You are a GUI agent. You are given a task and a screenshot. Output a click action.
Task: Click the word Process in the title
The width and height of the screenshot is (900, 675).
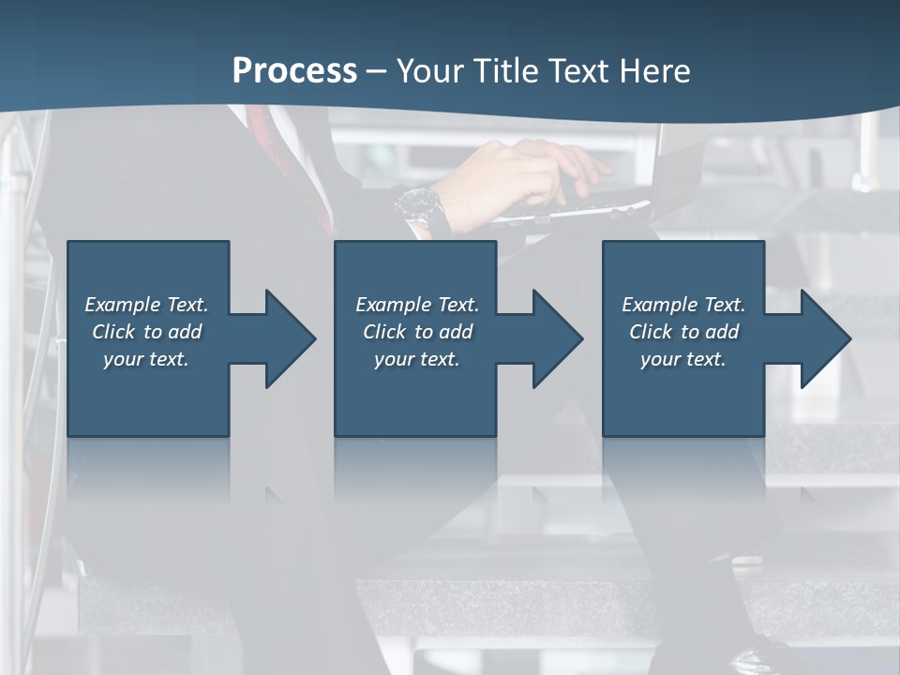click(x=294, y=70)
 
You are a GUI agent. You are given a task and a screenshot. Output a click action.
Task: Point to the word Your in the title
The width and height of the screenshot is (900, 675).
click(x=430, y=70)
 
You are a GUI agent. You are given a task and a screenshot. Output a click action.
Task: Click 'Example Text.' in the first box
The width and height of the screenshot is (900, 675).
click(x=146, y=305)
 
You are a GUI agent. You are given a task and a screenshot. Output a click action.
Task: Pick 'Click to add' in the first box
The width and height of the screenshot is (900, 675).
click(x=146, y=332)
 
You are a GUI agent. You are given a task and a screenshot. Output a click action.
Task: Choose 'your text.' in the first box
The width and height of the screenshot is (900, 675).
click(x=146, y=359)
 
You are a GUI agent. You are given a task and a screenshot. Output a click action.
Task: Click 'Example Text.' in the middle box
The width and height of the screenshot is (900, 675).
click(x=417, y=305)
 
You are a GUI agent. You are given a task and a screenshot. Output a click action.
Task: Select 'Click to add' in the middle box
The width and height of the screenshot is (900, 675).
click(x=417, y=332)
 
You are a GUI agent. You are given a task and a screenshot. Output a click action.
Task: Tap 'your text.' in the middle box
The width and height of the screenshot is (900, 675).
click(x=417, y=359)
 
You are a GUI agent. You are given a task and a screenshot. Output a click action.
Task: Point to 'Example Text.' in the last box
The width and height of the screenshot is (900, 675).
click(x=683, y=305)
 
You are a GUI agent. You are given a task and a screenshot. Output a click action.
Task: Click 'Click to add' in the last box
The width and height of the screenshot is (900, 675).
click(x=683, y=332)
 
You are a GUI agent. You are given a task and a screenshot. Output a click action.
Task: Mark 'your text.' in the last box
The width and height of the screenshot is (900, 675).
click(x=683, y=359)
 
